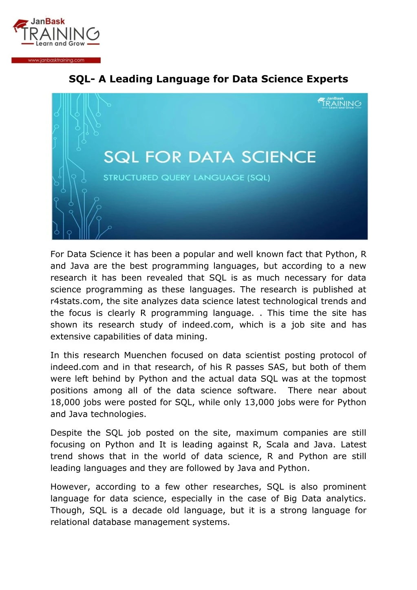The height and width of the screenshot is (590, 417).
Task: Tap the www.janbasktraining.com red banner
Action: click(56, 60)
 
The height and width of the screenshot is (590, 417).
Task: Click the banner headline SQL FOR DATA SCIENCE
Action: click(210, 157)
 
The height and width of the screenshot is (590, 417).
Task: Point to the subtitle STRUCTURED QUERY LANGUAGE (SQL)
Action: click(186, 178)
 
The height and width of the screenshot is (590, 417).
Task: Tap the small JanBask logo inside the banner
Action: click(340, 103)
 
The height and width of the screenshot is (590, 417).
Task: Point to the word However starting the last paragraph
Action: click(70, 487)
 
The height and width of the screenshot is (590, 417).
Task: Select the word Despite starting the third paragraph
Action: click(66, 433)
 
